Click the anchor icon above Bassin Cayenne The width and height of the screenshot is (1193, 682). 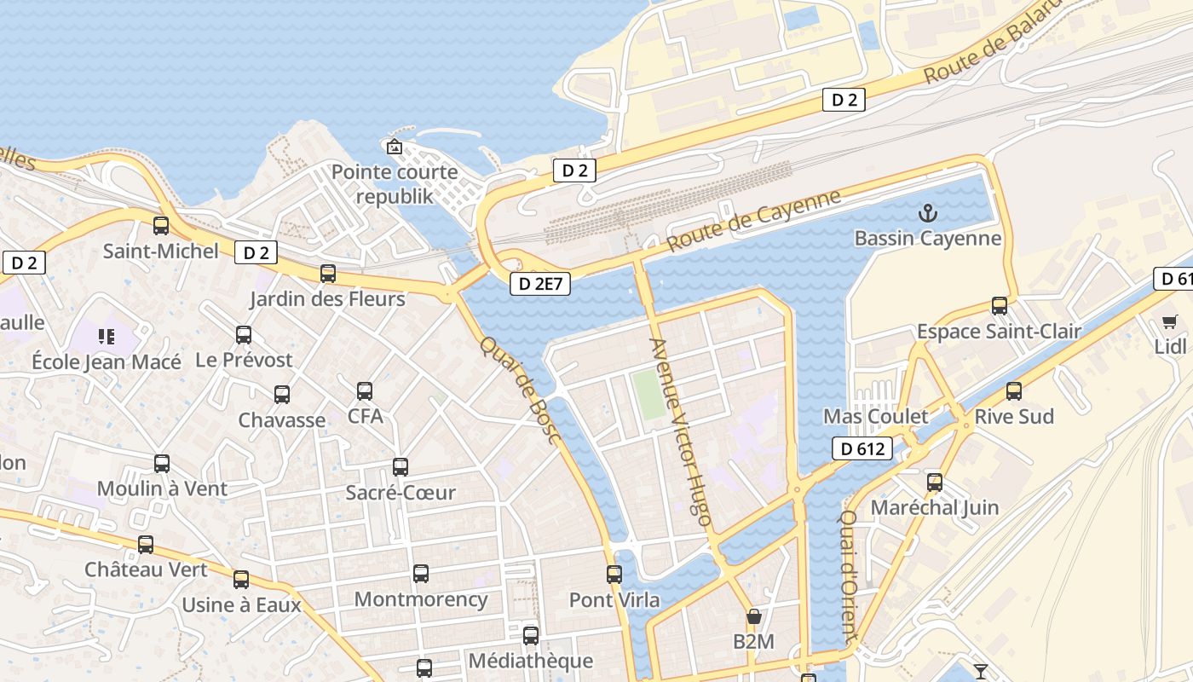pos(927,213)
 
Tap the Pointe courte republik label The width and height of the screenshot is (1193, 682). pos(395,184)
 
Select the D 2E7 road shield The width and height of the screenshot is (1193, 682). pos(540,284)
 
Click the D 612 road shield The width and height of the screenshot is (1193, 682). pos(862,448)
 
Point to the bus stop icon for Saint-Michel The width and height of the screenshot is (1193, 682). pos(161,226)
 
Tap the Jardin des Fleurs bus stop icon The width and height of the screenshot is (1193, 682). pos(328,274)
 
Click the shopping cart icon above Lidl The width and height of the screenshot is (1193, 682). pos(1170,321)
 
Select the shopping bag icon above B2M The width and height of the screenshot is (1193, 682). pos(753,616)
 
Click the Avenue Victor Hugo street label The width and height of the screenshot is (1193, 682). pos(680,431)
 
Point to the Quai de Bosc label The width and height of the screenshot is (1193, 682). pos(520,390)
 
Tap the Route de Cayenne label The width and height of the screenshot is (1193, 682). pos(753,220)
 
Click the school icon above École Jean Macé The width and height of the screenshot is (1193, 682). pos(107,337)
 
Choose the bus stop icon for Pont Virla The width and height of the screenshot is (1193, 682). pos(614,575)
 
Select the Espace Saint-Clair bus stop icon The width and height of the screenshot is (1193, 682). pos(1000,305)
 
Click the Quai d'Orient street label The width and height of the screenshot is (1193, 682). pos(849,575)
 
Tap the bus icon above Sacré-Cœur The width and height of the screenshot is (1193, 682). pos(401,467)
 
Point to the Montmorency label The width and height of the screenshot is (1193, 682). pos(421,599)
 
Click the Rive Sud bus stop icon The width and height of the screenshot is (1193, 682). pos(1014,391)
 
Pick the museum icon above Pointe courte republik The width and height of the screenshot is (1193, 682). pos(394,147)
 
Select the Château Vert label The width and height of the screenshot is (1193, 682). pos(146,569)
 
